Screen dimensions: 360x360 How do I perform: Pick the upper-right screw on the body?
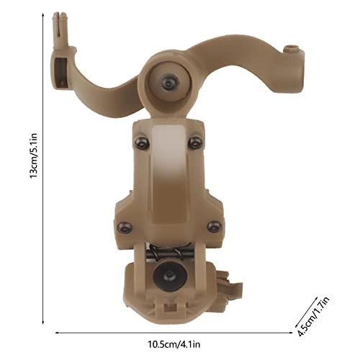pos(192,144)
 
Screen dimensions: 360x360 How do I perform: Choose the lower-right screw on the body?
pos(211,227)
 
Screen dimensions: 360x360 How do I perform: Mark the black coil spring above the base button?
pos(168,253)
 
